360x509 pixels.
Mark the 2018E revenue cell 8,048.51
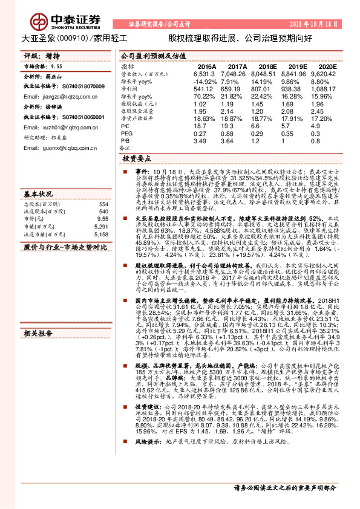[268, 74]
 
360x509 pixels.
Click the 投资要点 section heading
[137, 158]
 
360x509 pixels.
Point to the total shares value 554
[103, 204]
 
